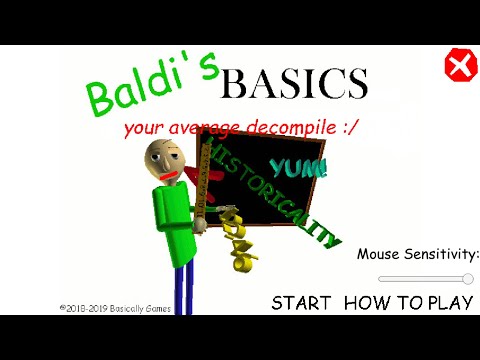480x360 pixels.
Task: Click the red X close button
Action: (459, 67)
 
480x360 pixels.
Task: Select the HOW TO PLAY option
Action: (408, 303)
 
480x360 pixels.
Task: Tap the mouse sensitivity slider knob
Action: (468, 279)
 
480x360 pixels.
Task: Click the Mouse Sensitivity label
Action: (418, 254)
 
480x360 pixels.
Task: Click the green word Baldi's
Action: (151, 84)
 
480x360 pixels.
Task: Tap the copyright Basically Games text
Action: (115, 309)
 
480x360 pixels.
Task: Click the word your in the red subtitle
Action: (142, 129)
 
